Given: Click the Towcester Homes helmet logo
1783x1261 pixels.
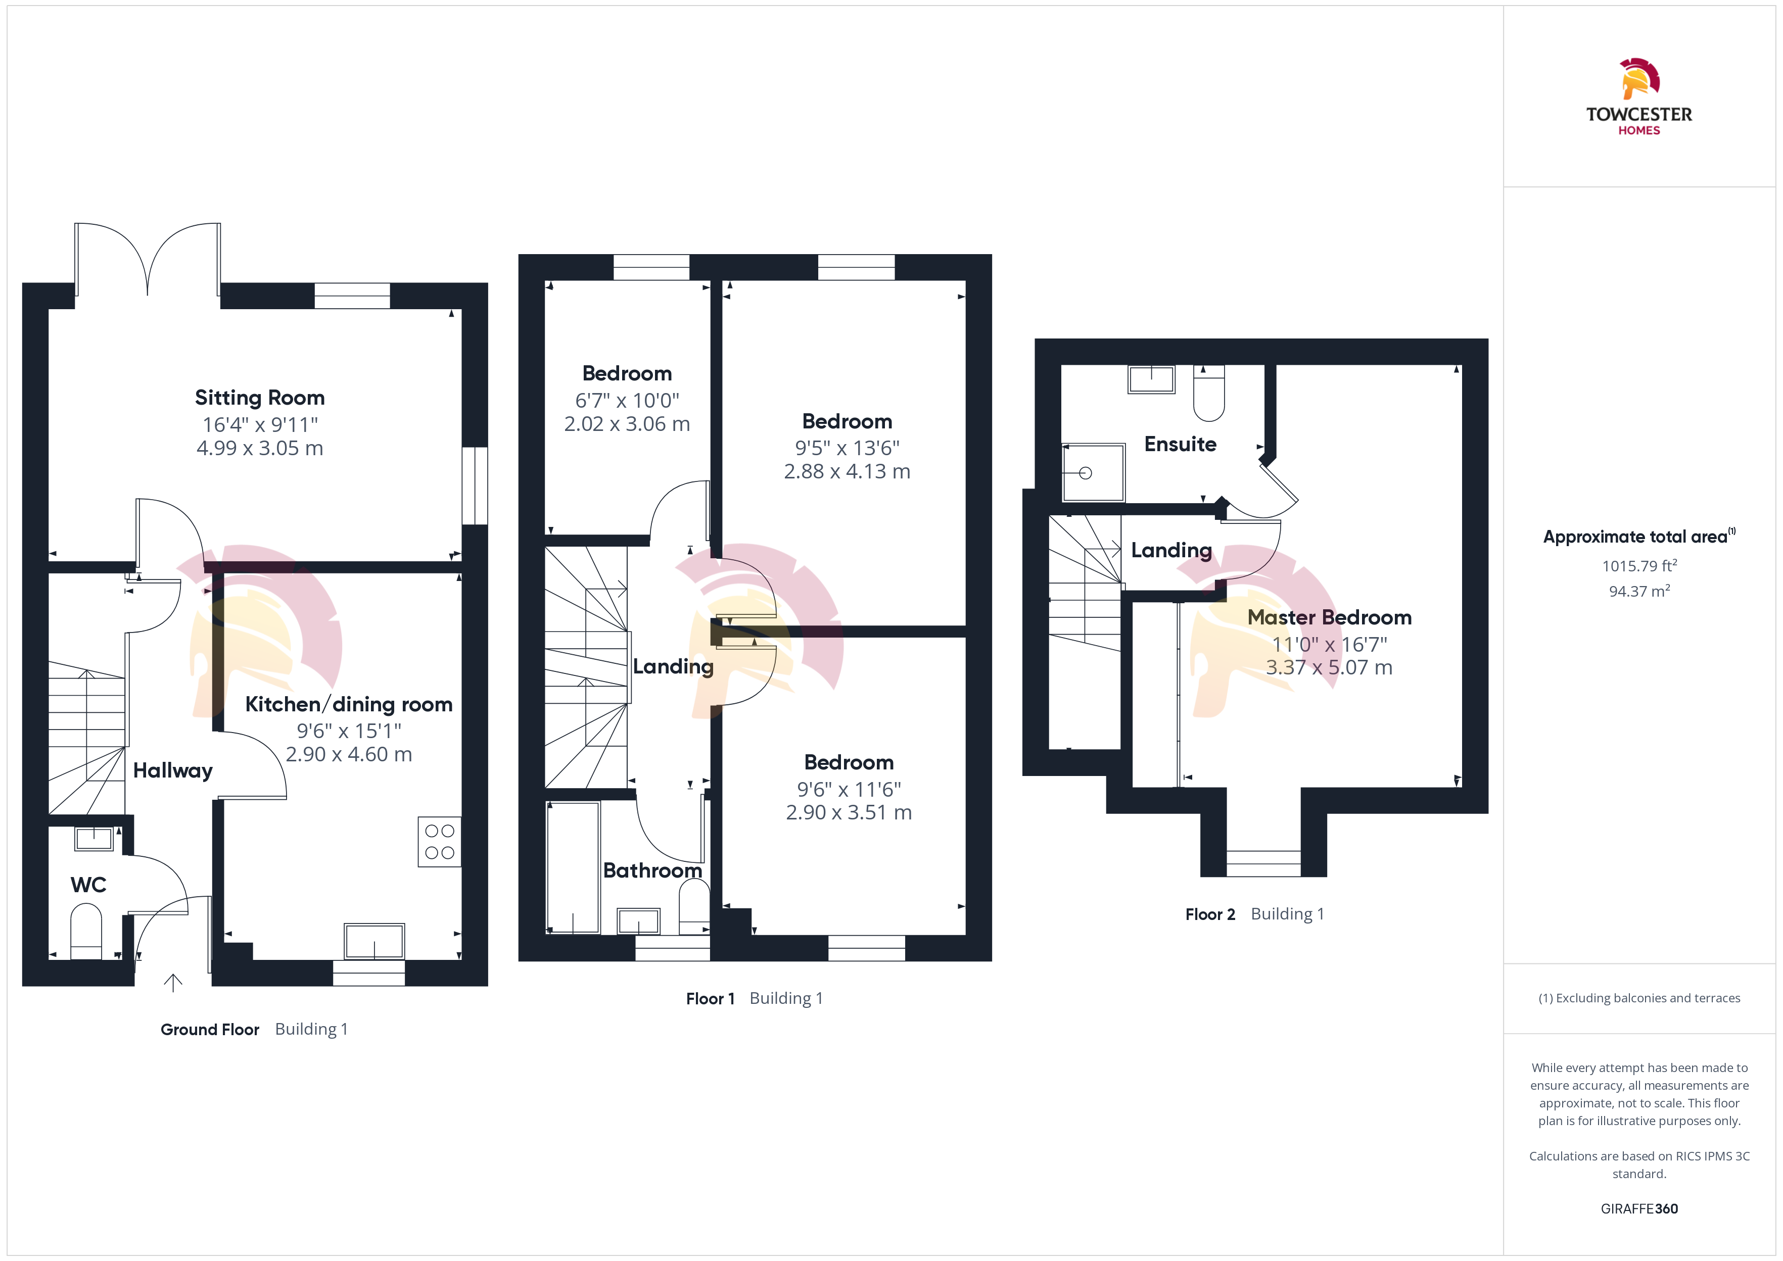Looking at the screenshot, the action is pyautogui.click(x=1639, y=78).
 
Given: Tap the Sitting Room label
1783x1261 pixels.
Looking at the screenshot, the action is pyautogui.click(x=259, y=398).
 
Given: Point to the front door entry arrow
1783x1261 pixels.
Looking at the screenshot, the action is pyautogui.click(x=172, y=983).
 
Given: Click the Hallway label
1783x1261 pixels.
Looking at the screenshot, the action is pyautogui.click(x=172, y=770).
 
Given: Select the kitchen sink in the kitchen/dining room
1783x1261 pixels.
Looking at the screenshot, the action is pyautogui.click(x=374, y=941).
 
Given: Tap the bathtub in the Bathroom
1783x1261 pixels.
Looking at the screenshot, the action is pyautogui.click(x=573, y=867).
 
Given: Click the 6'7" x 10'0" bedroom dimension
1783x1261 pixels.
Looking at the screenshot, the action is pyautogui.click(x=627, y=401).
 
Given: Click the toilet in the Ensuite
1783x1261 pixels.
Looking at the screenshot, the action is pyautogui.click(x=1208, y=393).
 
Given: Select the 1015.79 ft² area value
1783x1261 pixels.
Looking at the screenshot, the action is pyautogui.click(x=1638, y=565).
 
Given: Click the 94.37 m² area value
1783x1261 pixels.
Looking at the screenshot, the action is pyautogui.click(x=1638, y=591).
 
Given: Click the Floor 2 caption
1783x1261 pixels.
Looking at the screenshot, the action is pyautogui.click(x=1210, y=914).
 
